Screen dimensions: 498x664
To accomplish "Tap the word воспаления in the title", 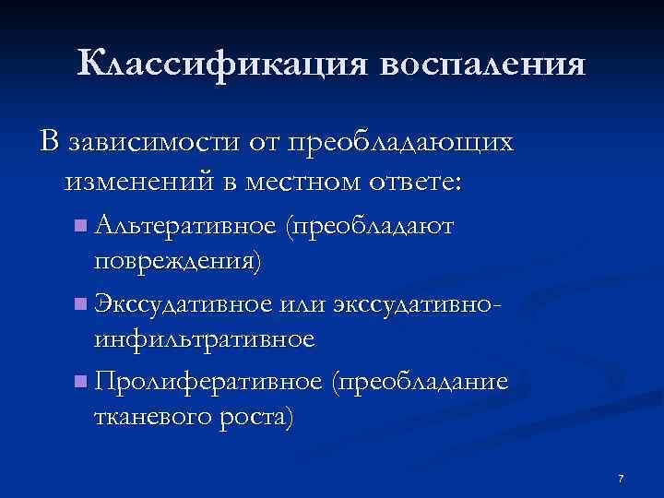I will click(x=480, y=64).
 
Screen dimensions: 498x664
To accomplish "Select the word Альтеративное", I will click(x=185, y=225).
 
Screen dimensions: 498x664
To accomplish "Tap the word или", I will click(x=299, y=303).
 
